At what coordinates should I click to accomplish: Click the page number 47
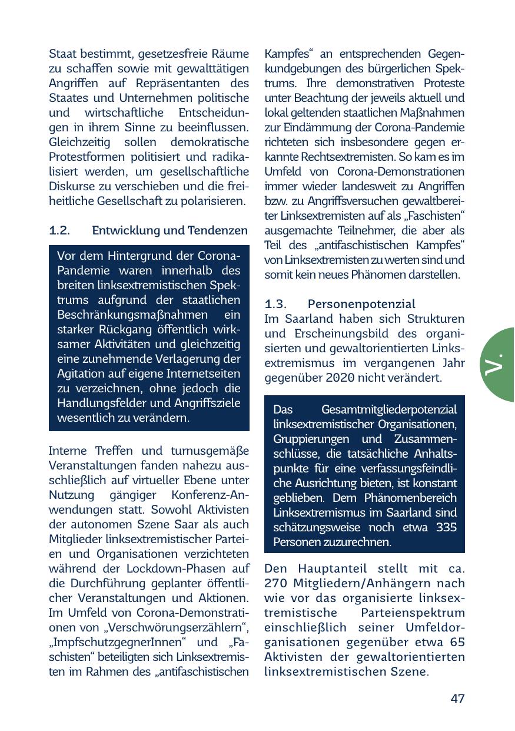click(457, 699)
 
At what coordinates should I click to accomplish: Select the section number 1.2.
click(60, 230)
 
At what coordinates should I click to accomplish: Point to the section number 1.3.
click(275, 304)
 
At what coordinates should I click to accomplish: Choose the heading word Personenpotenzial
click(361, 304)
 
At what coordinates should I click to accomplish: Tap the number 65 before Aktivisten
click(457, 642)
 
